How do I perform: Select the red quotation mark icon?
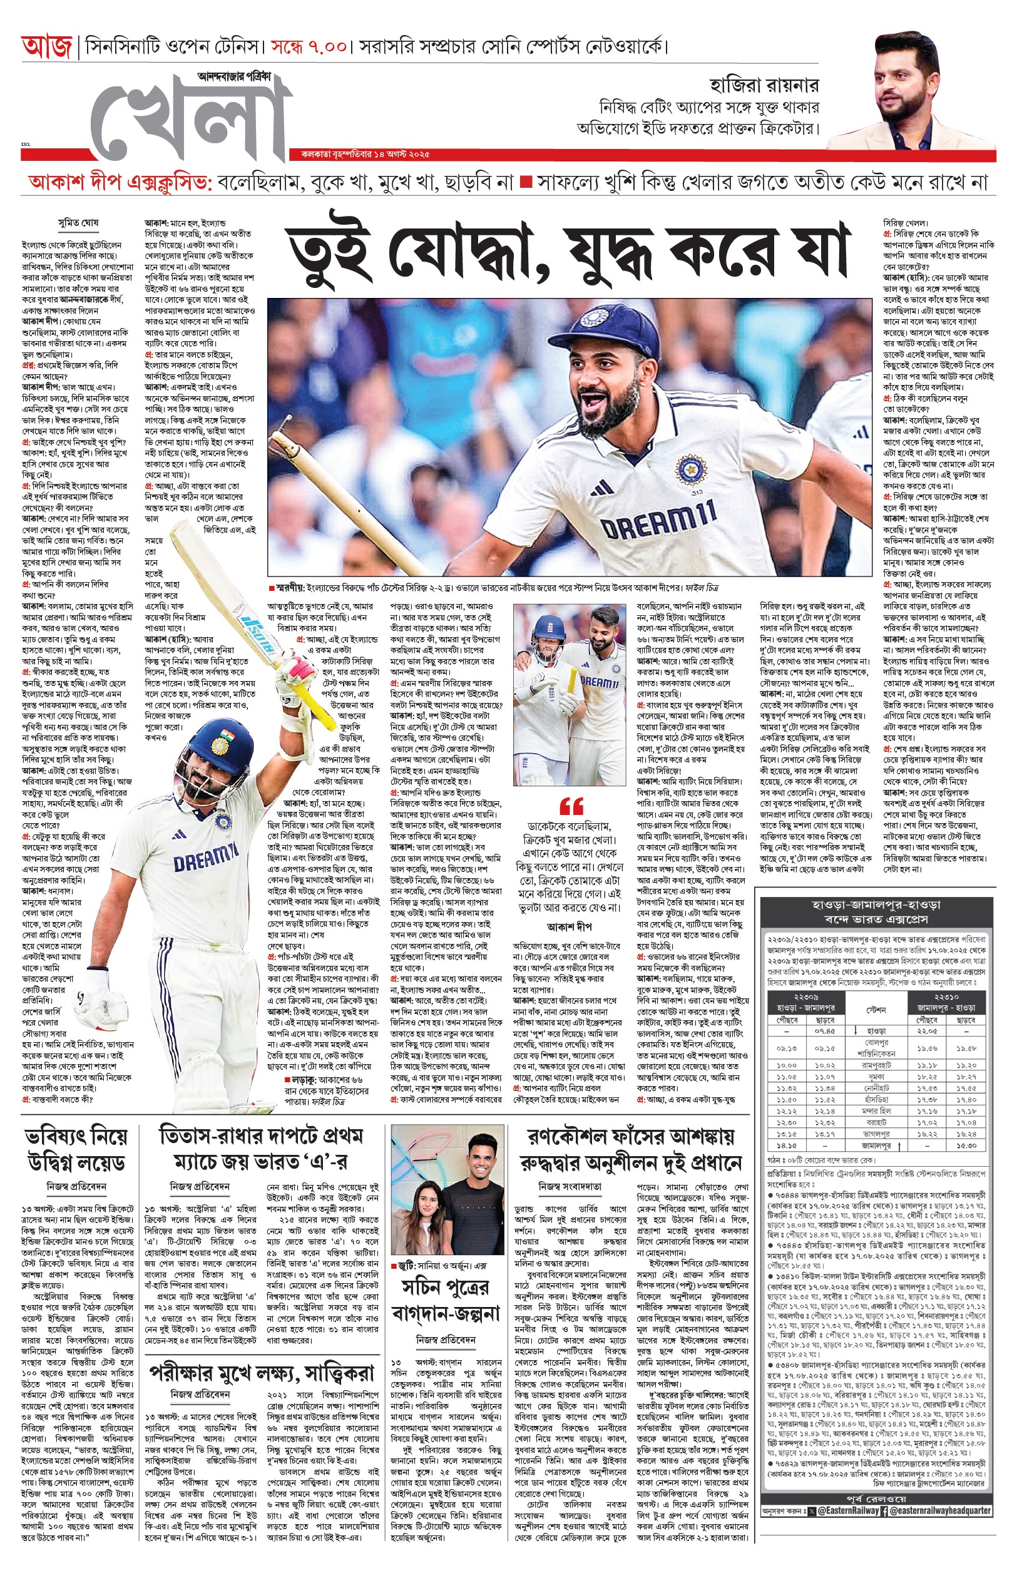click(571, 806)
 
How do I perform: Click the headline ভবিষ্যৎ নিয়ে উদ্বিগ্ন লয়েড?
click(76, 1150)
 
